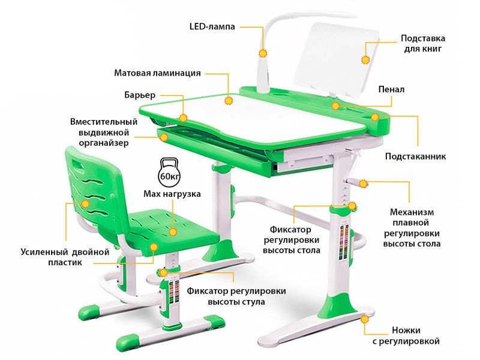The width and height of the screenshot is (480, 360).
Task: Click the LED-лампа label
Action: (212, 26)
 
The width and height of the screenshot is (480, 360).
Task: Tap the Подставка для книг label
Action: (423, 43)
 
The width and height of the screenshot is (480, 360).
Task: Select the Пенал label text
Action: (391, 89)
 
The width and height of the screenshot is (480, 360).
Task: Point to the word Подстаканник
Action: (415, 157)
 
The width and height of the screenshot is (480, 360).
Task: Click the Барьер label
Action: (140, 95)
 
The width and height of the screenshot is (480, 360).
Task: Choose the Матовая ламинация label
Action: (158, 73)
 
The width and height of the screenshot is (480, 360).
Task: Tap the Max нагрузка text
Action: (172, 194)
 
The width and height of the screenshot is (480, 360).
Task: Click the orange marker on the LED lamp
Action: (262, 53)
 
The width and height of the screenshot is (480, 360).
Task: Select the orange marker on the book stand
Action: (365, 59)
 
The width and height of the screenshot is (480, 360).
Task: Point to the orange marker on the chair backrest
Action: (85, 204)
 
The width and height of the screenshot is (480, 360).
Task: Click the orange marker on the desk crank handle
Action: (364, 184)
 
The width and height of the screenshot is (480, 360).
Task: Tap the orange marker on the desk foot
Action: (365, 319)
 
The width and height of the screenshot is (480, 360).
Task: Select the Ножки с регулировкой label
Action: (406, 336)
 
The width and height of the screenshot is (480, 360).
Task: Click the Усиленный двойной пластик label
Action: (65, 257)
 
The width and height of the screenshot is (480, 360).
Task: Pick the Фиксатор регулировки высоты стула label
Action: (236, 296)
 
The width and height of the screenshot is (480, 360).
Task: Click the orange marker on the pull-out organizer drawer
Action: (164, 137)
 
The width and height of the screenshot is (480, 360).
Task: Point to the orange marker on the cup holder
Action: (375, 117)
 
